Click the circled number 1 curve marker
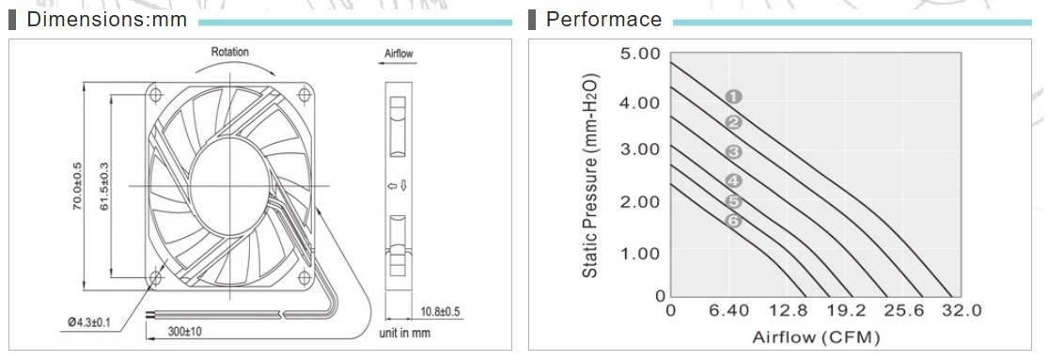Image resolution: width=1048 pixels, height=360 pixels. click(x=733, y=97)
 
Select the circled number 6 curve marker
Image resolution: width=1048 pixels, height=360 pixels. click(x=733, y=221)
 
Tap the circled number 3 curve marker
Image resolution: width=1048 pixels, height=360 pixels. click(x=733, y=152)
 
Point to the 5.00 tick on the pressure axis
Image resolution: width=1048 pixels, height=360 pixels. click(x=640, y=53)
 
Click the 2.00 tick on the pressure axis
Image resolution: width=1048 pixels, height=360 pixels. click(x=640, y=201)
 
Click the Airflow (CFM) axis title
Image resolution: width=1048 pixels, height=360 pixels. click(x=816, y=337)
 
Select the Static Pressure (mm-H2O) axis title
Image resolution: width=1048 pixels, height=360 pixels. click(x=590, y=175)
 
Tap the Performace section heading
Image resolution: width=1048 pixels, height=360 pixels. click(x=603, y=20)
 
